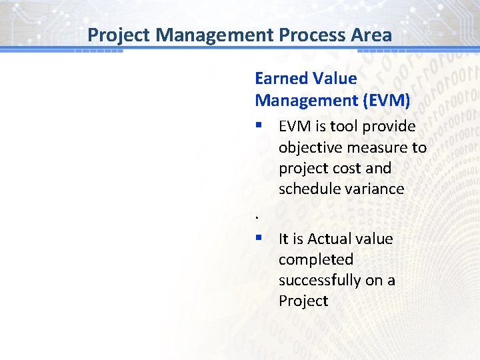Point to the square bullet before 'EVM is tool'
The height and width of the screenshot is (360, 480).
259,127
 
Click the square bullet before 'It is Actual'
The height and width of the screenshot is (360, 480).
259,239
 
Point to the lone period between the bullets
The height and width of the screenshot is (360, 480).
257,217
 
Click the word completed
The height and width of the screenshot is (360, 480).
315,259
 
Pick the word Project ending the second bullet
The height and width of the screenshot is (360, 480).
303,301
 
